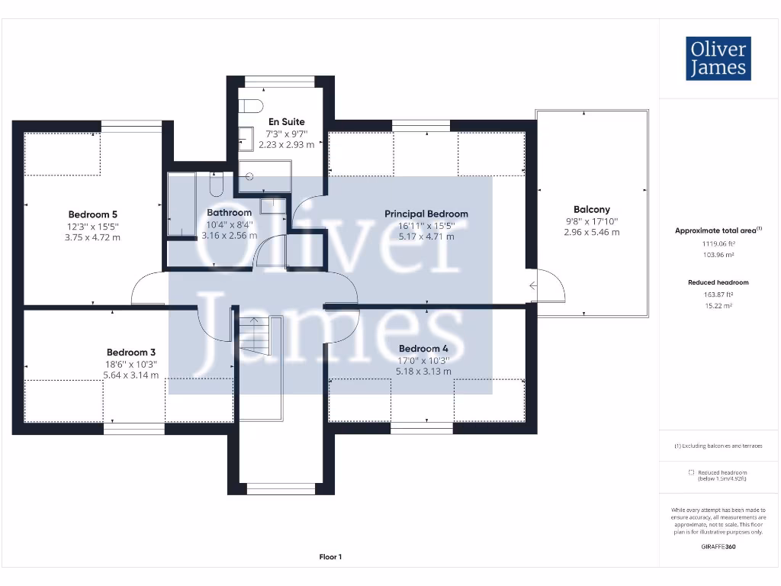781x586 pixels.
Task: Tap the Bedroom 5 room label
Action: tap(93, 214)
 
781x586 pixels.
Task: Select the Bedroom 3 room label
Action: tap(131, 353)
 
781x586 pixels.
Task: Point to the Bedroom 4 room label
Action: tap(423, 349)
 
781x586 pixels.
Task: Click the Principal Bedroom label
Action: tap(426, 214)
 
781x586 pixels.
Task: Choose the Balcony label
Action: tap(592, 209)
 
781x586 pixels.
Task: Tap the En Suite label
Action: tap(286, 121)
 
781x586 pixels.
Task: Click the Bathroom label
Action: tap(229, 212)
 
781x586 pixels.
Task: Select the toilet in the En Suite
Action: tap(252, 105)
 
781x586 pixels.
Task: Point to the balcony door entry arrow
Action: tap(532, 286)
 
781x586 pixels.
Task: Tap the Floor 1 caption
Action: tap(330, 557)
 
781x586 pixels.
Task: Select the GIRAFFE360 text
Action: tap(718, 546)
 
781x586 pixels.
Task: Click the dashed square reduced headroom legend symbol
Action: tap(690, 472)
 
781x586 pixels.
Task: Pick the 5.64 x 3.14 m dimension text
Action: tap(131, 375)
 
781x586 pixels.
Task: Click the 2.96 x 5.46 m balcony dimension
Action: tap(592, 232)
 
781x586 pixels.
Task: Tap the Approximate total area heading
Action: tap(717, 230)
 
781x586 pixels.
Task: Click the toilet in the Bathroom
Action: tap(216, 184)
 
